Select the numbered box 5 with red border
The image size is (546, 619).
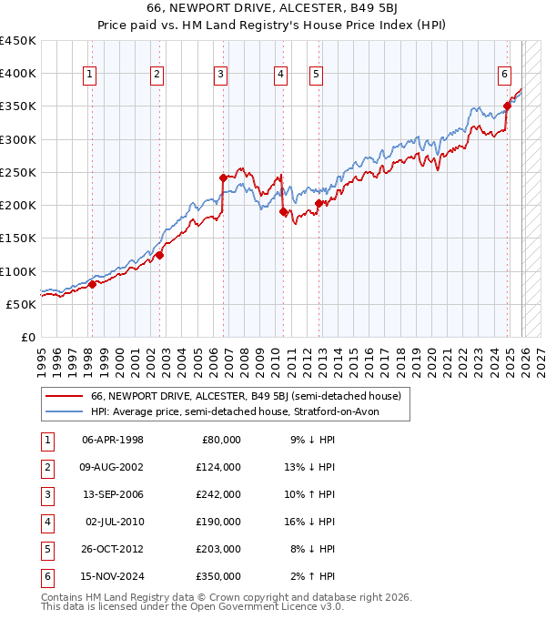point(315,76)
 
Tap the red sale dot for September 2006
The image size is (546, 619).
point(223,178)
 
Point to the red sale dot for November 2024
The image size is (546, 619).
point(507,107)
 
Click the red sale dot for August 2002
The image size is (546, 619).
point(159,256)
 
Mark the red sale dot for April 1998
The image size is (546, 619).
point(92,284)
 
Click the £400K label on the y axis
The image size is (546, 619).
point(18,74)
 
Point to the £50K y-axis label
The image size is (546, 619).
point(22,304)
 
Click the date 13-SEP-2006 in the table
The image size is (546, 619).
point(113,495)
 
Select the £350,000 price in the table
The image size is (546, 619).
point(218,576)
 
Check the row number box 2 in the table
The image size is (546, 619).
point(46,468)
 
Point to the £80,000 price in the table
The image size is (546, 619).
point(221,441)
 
